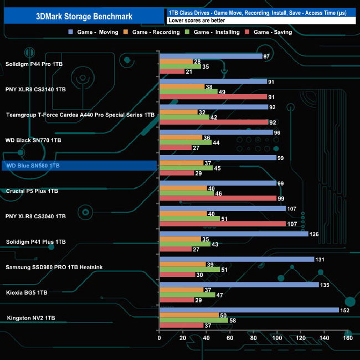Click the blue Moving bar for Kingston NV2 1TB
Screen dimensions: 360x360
point(249,310)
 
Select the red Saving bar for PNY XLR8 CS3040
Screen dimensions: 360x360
point(222,224)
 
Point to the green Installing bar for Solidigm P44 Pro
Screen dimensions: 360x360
point(180,66)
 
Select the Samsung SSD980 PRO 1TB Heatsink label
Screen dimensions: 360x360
point(54,267)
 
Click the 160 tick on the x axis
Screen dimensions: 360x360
point(347,338)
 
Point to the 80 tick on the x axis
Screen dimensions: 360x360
point(254,338)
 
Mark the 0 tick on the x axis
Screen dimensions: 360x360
point(160,338)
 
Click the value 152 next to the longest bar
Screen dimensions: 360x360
point(345,310)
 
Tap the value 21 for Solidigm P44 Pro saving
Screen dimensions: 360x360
point(189,71)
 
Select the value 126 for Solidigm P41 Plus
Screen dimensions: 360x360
point(315,234)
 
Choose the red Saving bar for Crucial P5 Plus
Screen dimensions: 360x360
point(218,198)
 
